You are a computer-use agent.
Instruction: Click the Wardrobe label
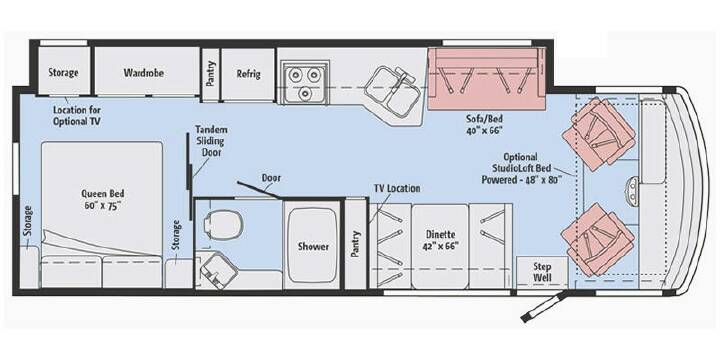coord(144,73)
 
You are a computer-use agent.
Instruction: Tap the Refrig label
coord(248,73)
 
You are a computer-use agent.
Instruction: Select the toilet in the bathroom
coord(222,225)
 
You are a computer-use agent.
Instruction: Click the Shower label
coord(313,247)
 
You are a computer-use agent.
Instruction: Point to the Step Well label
coord(543,273)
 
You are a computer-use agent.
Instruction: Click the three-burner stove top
coord(304,82)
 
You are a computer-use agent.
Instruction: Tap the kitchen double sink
coord(391,90)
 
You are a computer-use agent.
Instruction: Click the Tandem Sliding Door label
coord(211,141)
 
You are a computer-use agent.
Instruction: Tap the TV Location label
coord(396,188)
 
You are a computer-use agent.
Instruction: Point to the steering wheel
coord(633,189)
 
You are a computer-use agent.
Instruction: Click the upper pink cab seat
coord(598,134)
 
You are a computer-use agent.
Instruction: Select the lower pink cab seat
coord(597,239)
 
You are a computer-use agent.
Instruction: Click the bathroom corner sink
coord(219,271)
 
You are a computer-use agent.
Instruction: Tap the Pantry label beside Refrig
coord(211,73)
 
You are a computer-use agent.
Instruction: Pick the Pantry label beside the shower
coord(354,244)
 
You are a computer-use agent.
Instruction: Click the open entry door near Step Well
coord(544,305)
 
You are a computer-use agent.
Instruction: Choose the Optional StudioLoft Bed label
coord(521,169)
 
